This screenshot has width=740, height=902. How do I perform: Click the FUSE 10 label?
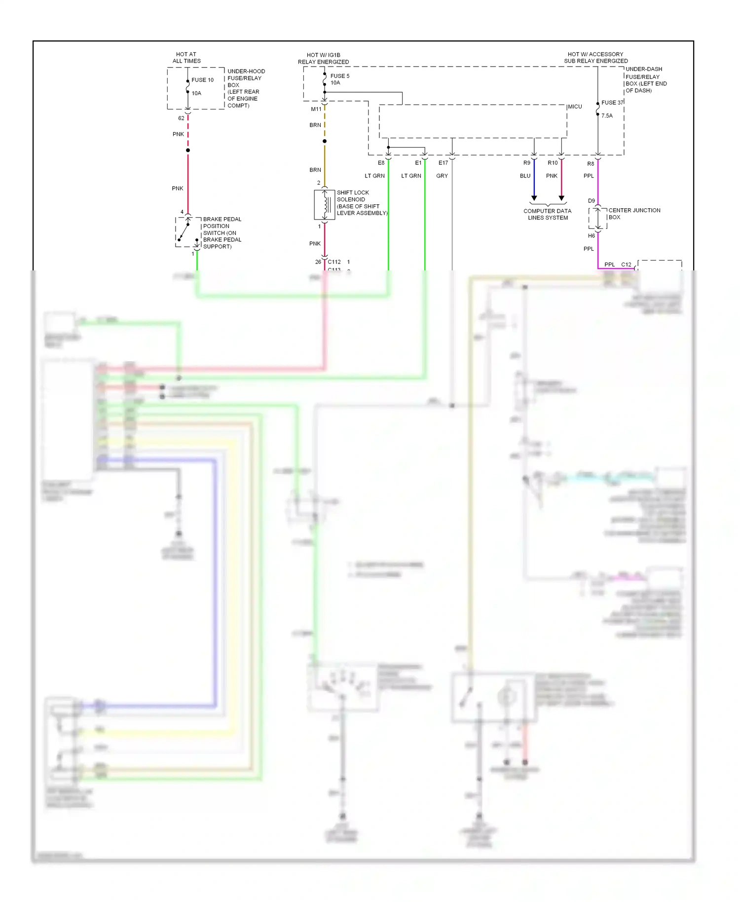pos(202,80)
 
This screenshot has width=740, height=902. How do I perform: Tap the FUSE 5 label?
pos(339,76)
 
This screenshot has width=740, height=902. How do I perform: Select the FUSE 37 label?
pos(612,103)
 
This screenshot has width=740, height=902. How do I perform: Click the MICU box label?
pos(575,107)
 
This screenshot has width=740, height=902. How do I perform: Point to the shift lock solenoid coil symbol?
pos(325,205)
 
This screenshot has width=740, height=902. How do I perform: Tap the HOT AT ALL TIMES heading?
pos(186,58)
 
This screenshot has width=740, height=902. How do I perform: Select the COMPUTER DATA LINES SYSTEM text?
pos(547,214)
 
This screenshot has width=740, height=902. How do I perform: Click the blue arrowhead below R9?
pos(534,198)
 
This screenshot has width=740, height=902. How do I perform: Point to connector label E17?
pos(443,163)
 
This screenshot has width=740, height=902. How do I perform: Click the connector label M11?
pos(316,109)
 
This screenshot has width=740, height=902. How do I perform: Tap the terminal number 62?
pos(181,118)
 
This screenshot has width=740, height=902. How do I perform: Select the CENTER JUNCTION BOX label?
pos(633,214)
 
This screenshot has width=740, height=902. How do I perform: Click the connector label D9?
pos(591,201)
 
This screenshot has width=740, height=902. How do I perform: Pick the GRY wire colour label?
pos(442,176)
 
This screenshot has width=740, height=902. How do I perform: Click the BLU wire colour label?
pos(525,176)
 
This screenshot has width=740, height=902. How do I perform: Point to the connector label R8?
pos(591,164)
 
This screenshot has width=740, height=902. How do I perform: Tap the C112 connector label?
pos(334,262)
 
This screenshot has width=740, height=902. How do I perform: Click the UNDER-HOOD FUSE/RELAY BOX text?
pos(245,88)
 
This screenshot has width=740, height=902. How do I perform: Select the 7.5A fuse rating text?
pos(607,116)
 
